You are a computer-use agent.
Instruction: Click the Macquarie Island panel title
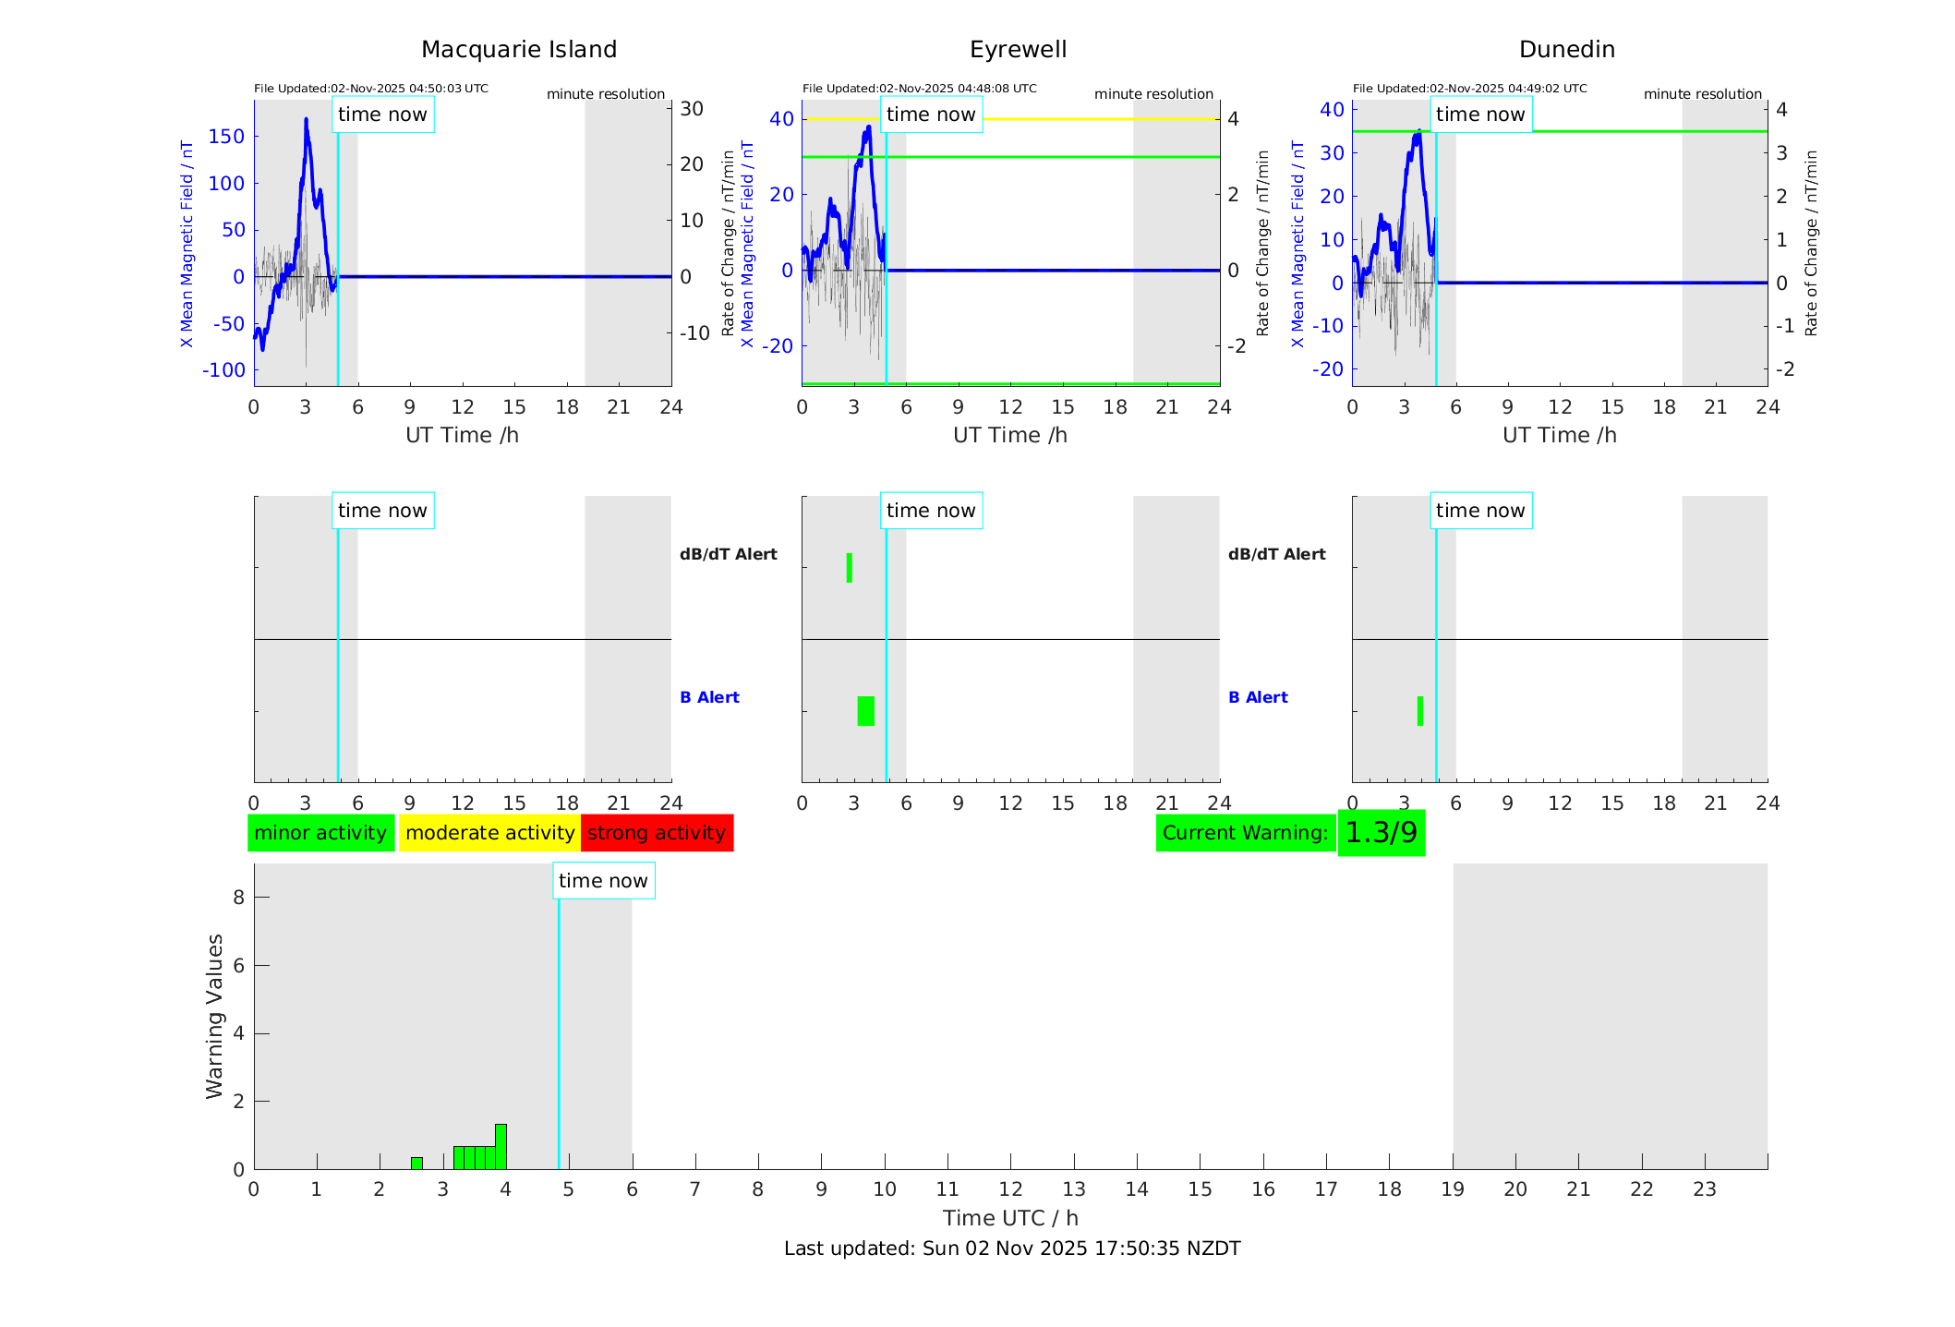tap(519, 50)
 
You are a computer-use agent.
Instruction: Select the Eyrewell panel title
tap(1018, 50)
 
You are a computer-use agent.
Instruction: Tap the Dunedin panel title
tap(1566, 50)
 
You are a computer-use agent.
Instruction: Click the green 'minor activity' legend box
tap(320, 833)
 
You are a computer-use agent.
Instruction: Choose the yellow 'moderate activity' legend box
tap(489, 833)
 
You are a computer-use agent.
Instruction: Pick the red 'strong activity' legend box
tap(657, 833)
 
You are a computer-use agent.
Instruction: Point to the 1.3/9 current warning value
tap(1381, 833)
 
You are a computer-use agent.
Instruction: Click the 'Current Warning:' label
tap(1245, 833)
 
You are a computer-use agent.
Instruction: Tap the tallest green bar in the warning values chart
tap(501, 1146)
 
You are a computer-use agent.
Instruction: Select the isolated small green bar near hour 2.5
tap(416, 1163)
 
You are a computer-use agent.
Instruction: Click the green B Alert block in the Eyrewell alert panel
tap(865, 711)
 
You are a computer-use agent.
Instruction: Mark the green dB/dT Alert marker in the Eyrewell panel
tap(850, 568)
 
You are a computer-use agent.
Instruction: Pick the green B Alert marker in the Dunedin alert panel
tap(1419, 711)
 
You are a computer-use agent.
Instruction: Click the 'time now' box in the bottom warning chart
tap(603, 881)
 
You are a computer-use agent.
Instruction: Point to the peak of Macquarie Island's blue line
tap(306, 120)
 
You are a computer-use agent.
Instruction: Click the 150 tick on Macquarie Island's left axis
tap(226, 137)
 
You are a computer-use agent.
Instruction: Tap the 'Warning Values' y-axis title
tap(214, 1016)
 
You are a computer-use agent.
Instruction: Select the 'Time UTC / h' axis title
tap(1010, 1218)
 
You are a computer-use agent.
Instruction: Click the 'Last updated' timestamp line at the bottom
tap(1011, 1249)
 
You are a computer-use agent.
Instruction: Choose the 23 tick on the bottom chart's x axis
tap(1704, 1189)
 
